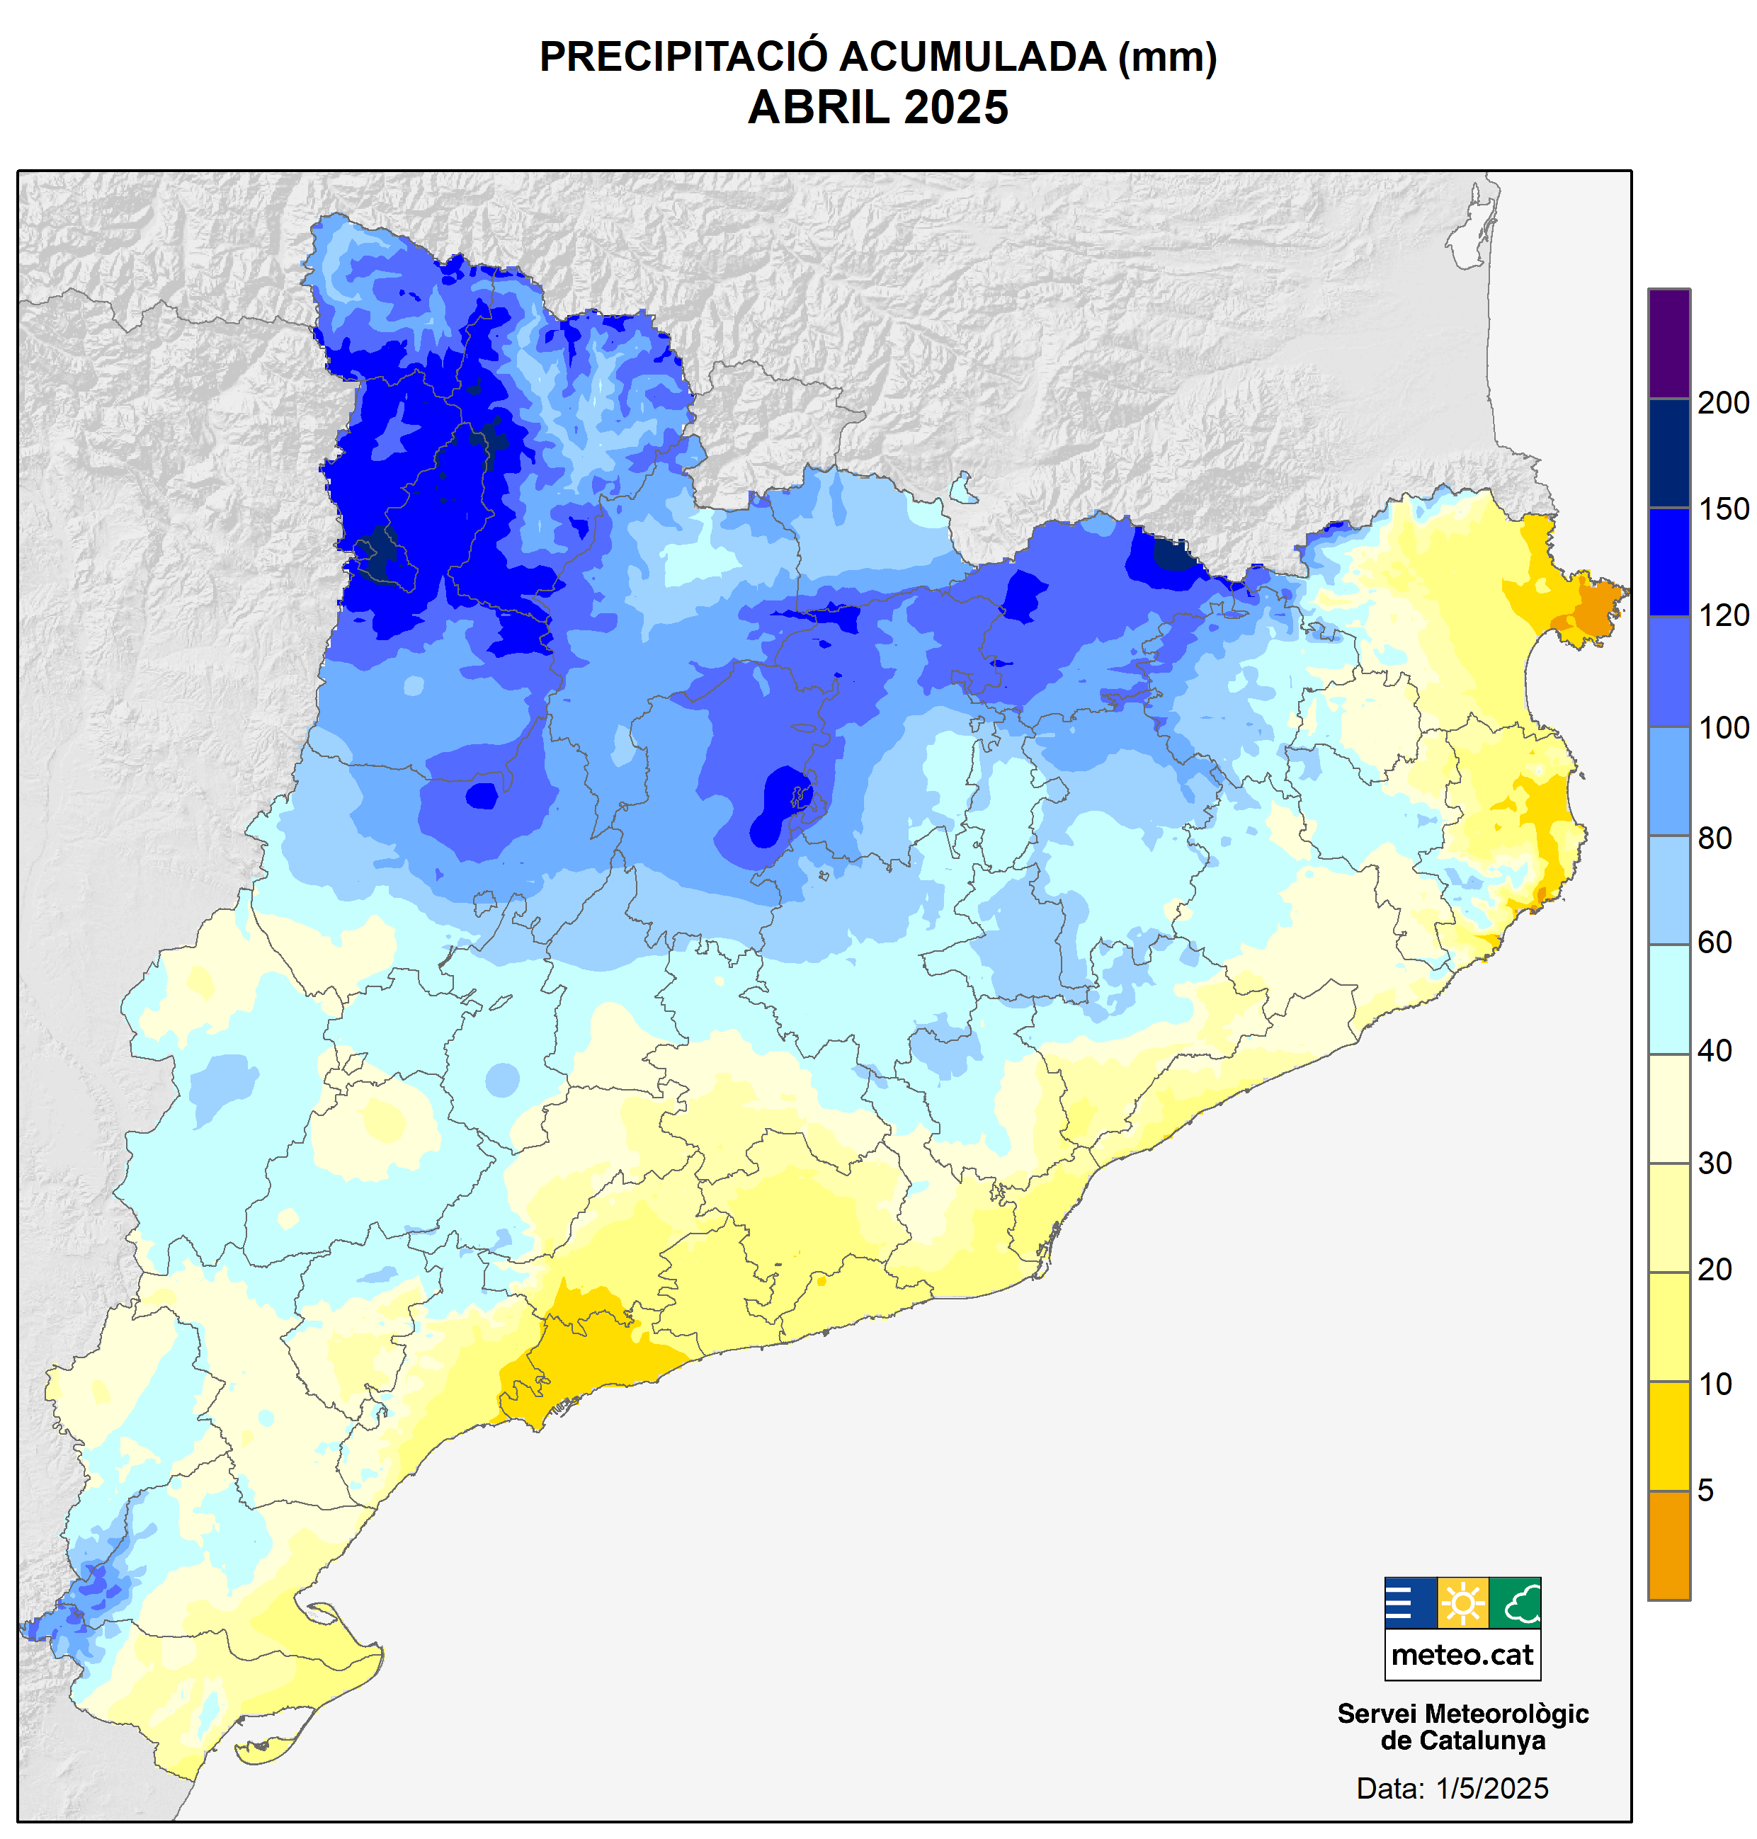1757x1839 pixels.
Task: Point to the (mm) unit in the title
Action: (x=1167, y=57)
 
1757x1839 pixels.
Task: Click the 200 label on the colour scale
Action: (x=1722, y=403)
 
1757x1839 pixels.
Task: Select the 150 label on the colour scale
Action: (x=1722, y=509)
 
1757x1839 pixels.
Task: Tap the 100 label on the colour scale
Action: (x=1722, y=727)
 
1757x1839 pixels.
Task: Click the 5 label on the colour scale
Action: (x=1705, y=1490)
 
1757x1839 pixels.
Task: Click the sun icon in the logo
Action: (x=1462, y=1603)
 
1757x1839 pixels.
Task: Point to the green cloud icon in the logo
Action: (x=1514, y=1603)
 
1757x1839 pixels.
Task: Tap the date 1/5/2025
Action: (x=1492, y=1789)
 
